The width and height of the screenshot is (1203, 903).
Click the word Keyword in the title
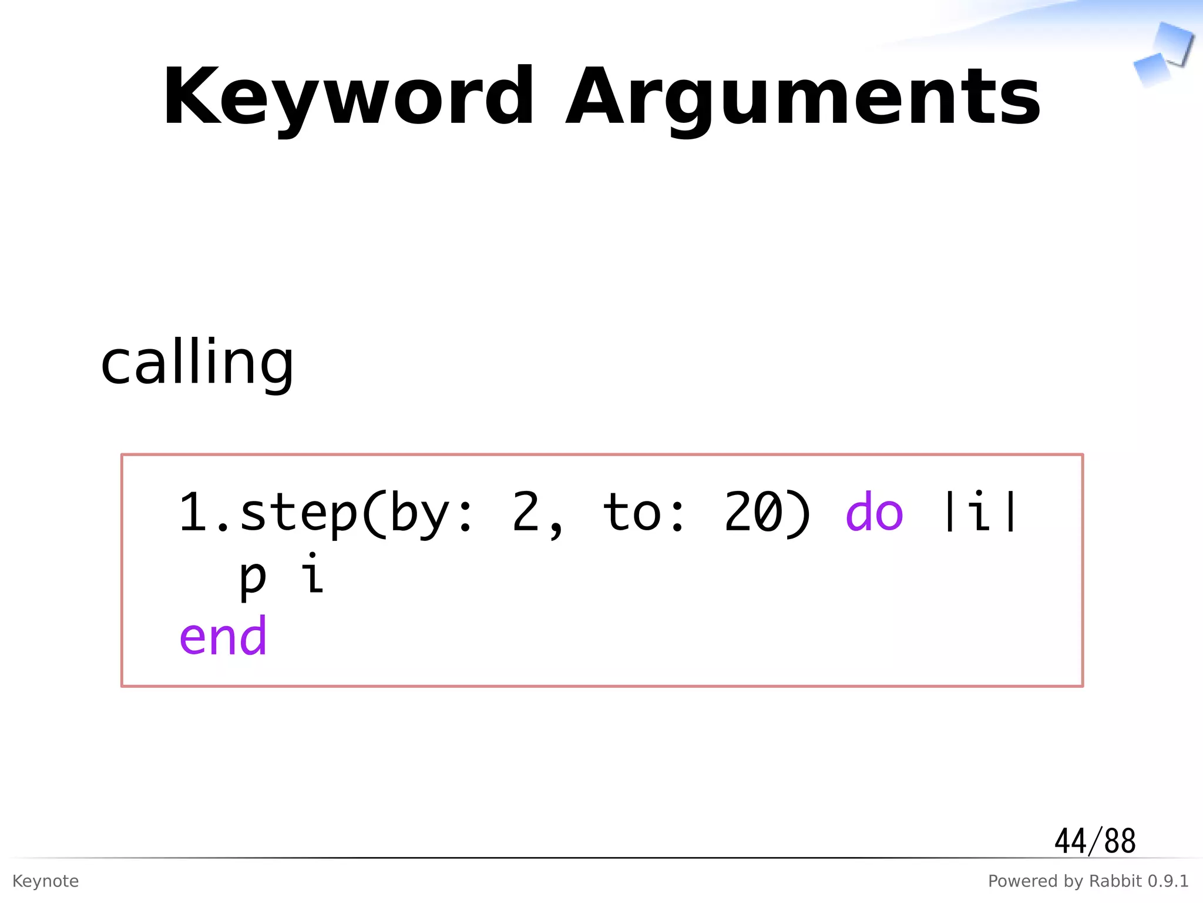tap(348, 97)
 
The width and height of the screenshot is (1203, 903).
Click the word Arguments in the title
tap(802, 97)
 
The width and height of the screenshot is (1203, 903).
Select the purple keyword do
tap(873, 513)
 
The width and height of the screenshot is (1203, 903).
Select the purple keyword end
tap(223, 636)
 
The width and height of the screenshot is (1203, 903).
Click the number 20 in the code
tap(753, 513)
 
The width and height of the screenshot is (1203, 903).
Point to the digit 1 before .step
tap(193, 513)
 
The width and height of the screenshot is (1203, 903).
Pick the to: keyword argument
tap(644, 513)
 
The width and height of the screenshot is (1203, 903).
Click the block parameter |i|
tap(979, 513)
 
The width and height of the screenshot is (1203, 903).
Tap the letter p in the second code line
tap(253, 577)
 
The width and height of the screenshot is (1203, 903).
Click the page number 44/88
tap(1094, 841)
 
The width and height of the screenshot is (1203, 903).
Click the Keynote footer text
tap(45, 881)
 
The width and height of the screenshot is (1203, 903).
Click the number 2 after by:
tap(525, 513)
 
